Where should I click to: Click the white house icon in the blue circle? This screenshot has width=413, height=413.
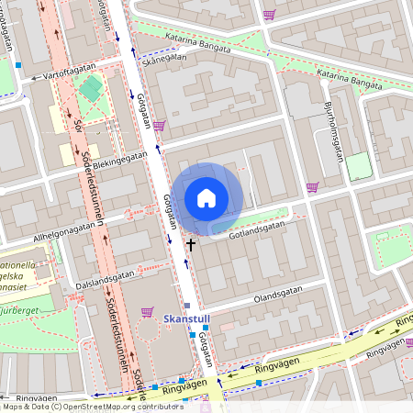(x=206, y=198)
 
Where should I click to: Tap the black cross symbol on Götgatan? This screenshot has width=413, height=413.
(x=191, y=244)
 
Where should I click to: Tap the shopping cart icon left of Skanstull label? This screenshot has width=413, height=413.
(x=147, y=312)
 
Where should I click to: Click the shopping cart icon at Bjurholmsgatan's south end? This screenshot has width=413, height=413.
(x=312, y=188)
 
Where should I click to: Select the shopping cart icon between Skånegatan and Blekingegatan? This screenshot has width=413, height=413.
(x=160, y=126)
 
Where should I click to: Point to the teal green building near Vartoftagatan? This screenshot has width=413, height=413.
(x=91, y=88)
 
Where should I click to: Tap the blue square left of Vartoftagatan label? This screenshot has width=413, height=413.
(x=18, y=65)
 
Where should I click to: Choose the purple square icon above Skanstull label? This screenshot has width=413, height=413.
(x=187, y=306)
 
